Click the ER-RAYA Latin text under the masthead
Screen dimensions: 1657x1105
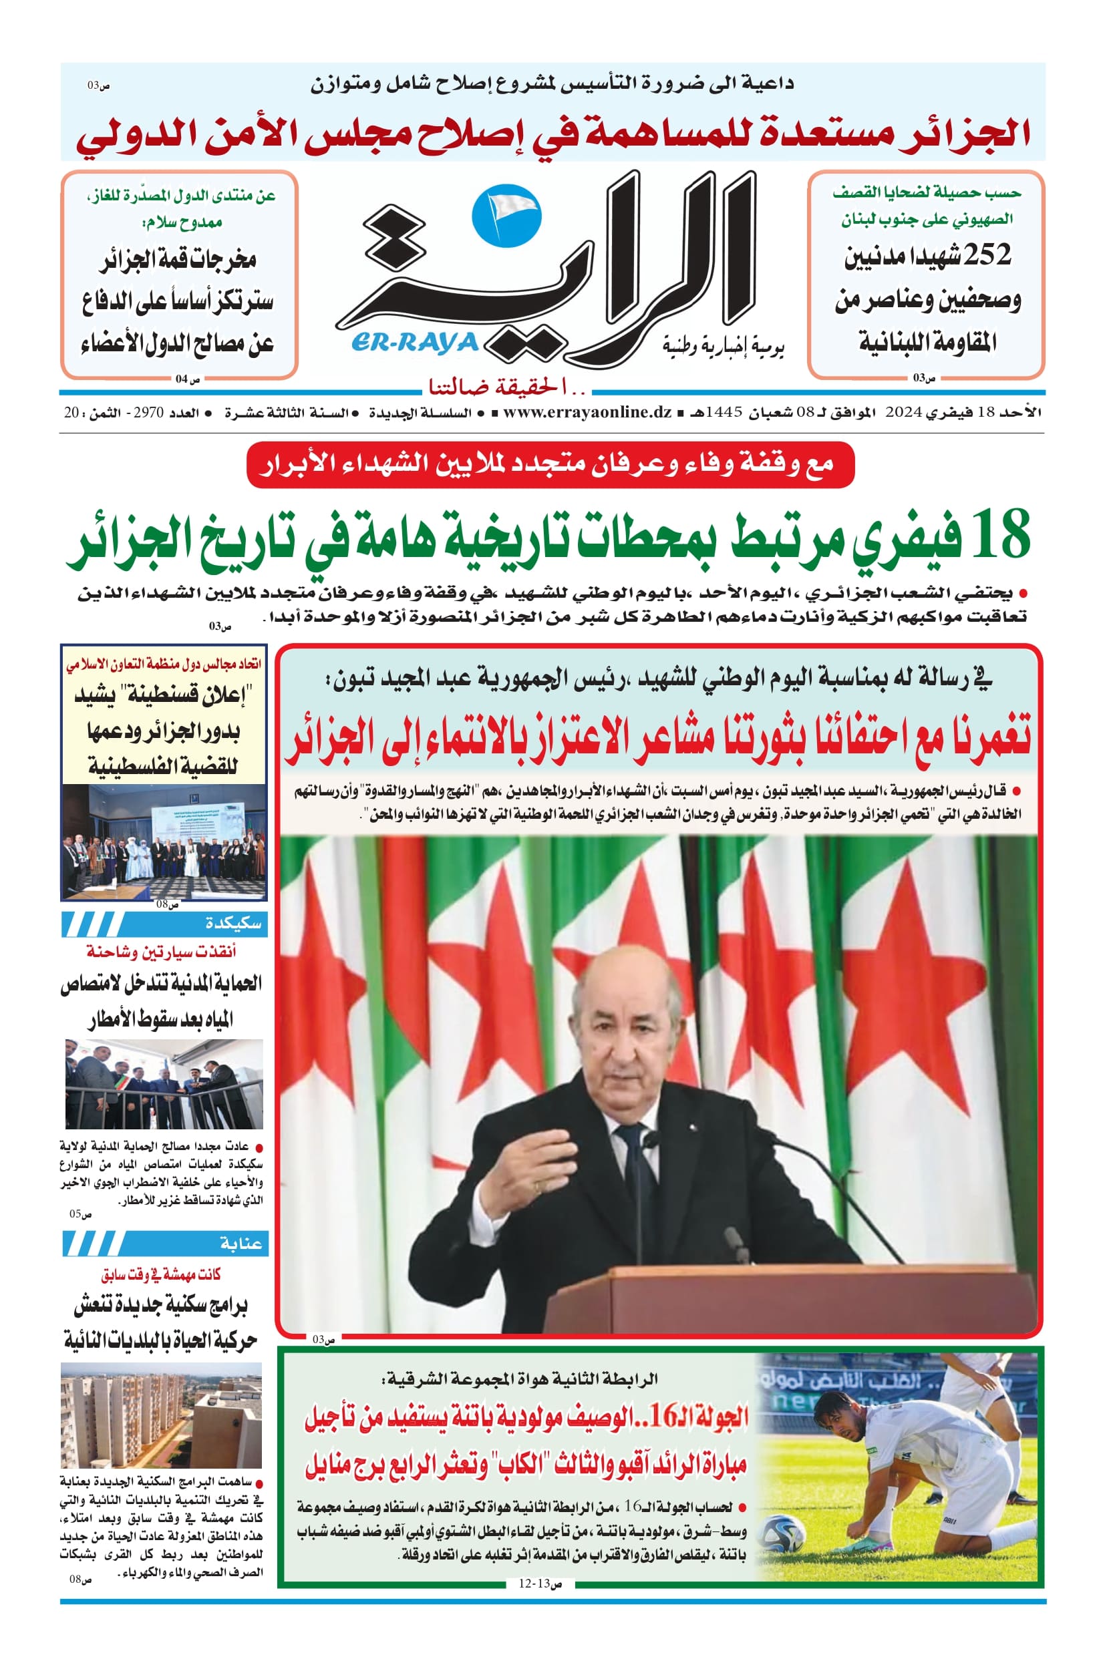[414, 343]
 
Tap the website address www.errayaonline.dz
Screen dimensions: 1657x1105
[587, 413]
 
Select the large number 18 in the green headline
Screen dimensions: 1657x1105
[999, 536]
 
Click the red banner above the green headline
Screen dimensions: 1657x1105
[550, 464]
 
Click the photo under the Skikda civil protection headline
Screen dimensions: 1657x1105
[164, 1083]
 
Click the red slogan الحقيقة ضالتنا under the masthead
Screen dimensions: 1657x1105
[504, 386]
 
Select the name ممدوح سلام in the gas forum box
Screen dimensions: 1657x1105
[182, 222]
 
